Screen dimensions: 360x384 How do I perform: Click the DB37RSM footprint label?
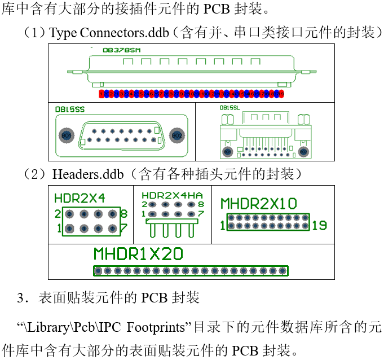coord(122,50)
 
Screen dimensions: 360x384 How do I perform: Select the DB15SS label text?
coord(66,108)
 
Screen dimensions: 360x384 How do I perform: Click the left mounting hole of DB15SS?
coord(66,135)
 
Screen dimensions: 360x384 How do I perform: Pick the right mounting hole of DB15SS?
coord(176,135)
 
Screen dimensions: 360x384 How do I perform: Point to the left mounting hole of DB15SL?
coord(228,152)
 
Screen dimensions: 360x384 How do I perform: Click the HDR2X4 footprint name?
coord(80,198)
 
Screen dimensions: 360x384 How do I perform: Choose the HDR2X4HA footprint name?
coord(171,195)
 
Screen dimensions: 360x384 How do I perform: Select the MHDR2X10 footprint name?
coord(258,204)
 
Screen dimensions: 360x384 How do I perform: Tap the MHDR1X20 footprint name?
coord(138,254)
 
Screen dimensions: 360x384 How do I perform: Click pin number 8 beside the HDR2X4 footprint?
coord(124,214)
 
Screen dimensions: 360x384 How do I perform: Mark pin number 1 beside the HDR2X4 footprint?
coord(58,229)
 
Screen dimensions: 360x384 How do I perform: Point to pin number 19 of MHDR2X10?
coord(319,226)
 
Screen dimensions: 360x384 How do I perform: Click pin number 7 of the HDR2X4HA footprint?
coord(201,214)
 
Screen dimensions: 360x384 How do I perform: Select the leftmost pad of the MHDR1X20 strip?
coord(98,271)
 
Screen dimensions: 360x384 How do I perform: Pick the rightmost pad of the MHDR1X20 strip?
coord(284,271)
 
